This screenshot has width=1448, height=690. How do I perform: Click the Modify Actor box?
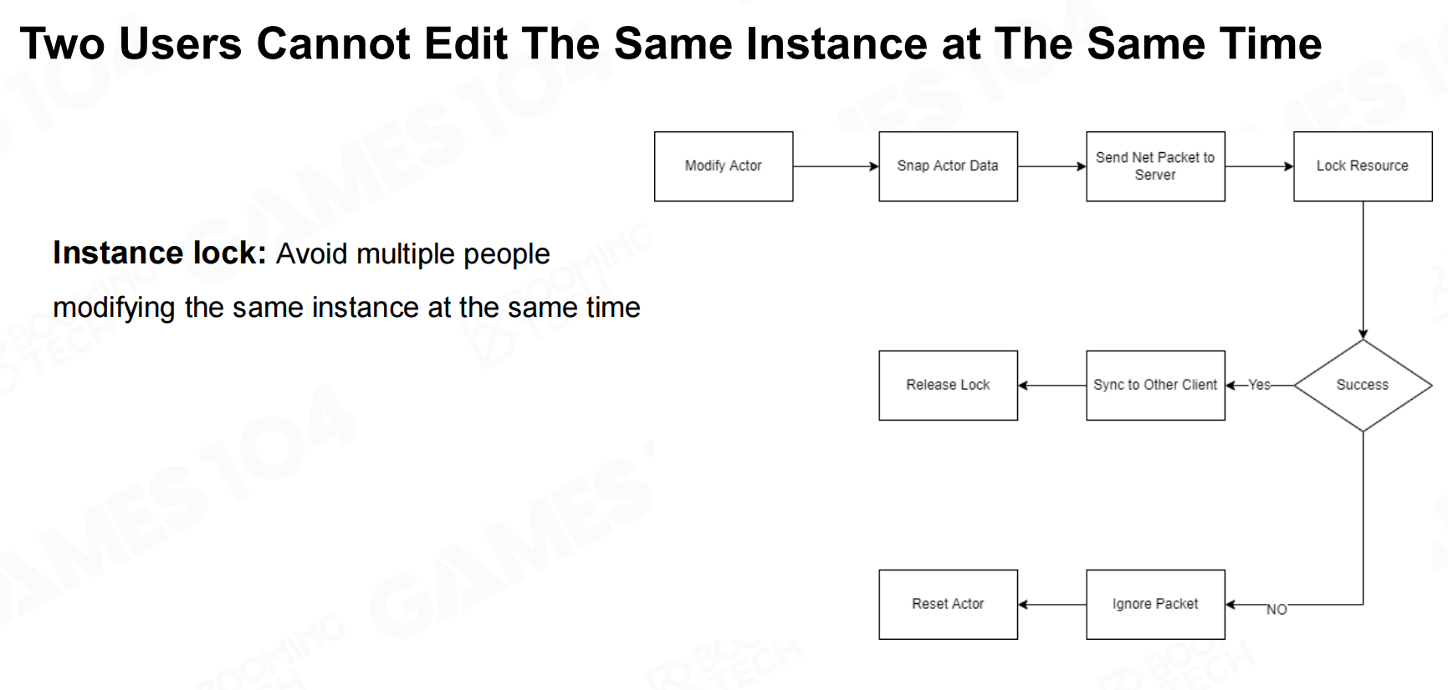(x=724, y=166)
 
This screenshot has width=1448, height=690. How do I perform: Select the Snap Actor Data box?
(x=948, y=166)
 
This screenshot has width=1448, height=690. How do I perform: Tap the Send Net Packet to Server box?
(x=1155, y=166)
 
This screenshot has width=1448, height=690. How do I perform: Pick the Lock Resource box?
(x=1363, y=166)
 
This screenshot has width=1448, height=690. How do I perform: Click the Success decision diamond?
(x=1363, y=386)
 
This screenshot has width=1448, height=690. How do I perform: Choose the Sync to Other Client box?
(x=1155, y=386)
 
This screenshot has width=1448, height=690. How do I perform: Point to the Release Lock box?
(x=948, y=386)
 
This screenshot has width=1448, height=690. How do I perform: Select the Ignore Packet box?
(x=1155, y=605)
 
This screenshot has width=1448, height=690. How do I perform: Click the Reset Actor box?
(x=948, y=605)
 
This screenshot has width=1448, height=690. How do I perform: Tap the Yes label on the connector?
(x=1259, y=385)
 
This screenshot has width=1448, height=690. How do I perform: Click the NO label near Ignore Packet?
(x=1277, y=610)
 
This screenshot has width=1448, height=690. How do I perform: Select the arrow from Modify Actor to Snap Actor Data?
(x=836, y=166)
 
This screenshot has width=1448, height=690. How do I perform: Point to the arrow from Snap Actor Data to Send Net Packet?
(x=1051, y=166)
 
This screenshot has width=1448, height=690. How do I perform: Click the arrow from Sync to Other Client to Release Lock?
(x=1051, y=386)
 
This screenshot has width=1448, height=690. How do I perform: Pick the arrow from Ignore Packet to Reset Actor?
(x=1051, y=605)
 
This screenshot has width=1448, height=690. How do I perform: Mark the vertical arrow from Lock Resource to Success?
(x=1363, y=270)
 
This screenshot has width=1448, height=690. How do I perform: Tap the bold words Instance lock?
(x=160, y=253)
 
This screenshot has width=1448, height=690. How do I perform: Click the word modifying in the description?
(x=114, y=308)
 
